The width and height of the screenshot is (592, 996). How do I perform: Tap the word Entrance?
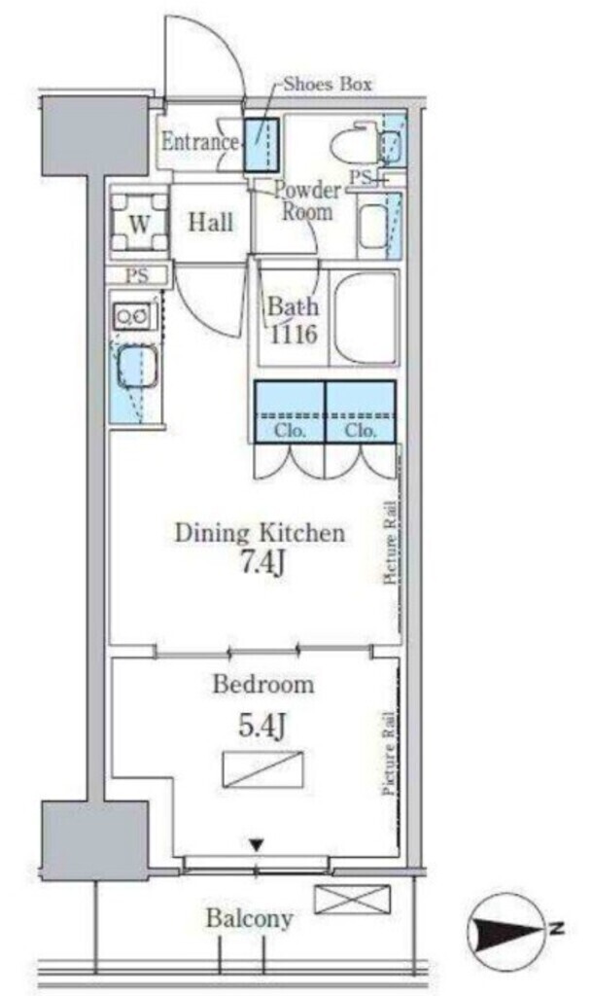(x=199, y=142)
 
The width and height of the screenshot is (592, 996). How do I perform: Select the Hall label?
(x=210, y=223)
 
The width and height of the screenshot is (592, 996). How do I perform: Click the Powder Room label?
(x=306, y=200)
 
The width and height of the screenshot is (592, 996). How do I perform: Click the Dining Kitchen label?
(x=259, y=533)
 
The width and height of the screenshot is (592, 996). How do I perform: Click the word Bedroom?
(x=262, y=685)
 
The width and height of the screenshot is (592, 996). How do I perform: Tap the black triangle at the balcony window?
(x=256, y=845)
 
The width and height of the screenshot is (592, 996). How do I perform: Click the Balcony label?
(x=249, y=919)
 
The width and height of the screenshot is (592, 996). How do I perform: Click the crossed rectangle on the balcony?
(x=352, y=900)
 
